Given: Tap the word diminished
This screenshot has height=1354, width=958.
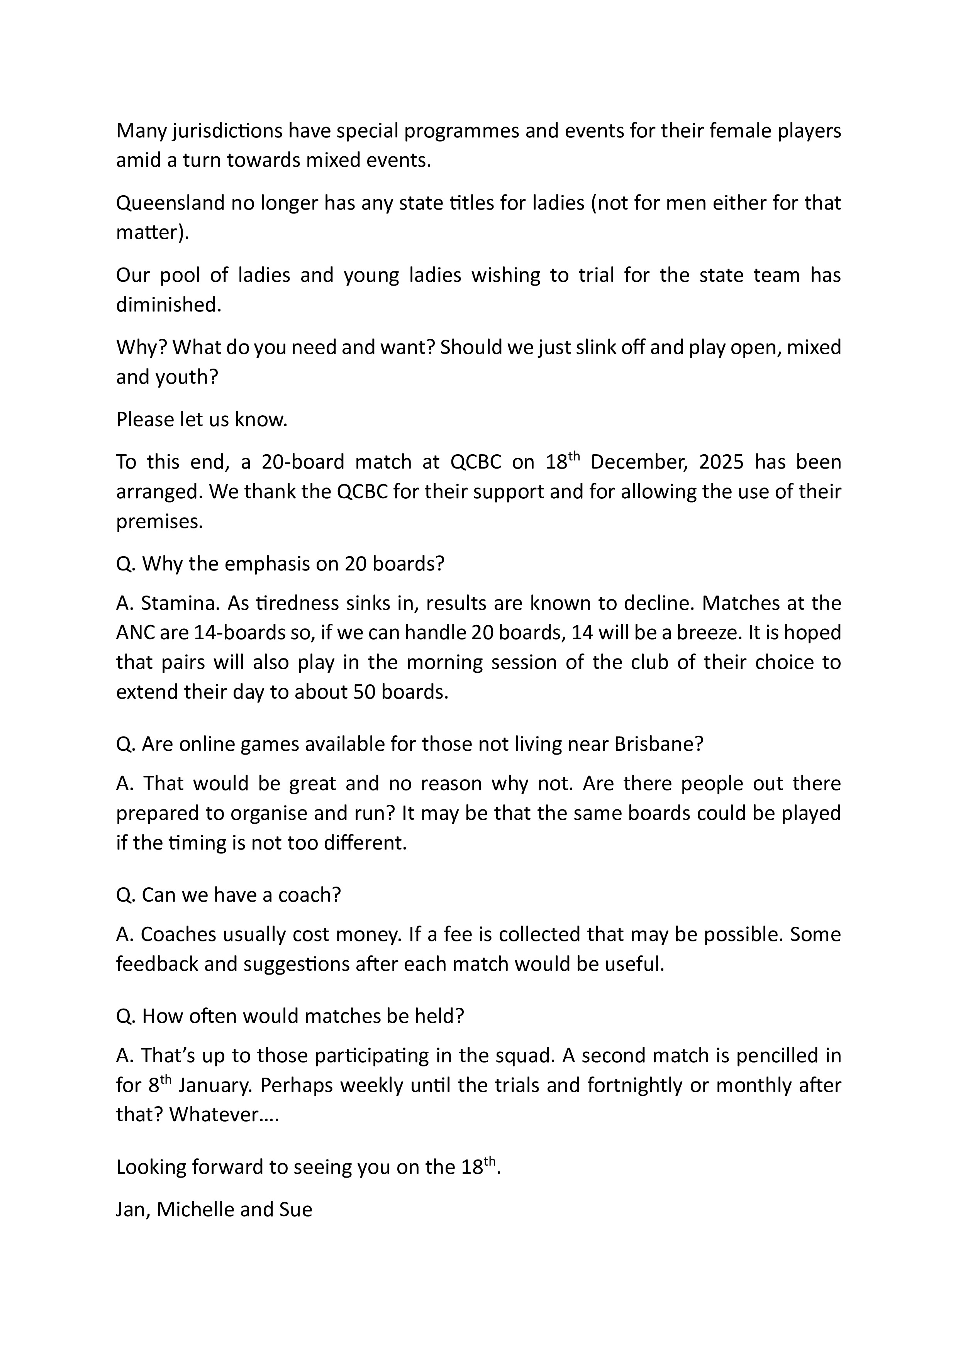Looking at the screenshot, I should click(168, 305).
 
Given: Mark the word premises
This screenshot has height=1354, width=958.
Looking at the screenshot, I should click(159, 522).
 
